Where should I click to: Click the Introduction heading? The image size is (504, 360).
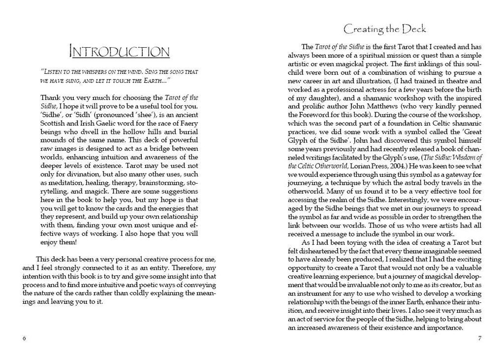[120, 52]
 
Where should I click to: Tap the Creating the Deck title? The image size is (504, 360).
[384, 29]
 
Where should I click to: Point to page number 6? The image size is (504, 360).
[24, 338]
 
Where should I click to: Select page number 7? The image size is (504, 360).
[479, 338]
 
